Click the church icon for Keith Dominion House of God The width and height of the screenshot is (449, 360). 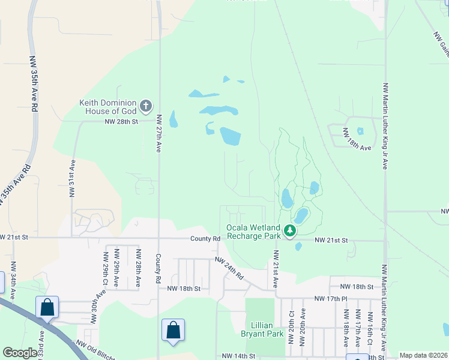pos(145,107)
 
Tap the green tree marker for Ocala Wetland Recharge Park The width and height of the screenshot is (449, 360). pos(290,231)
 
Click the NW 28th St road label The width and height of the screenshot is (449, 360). pos(121,121)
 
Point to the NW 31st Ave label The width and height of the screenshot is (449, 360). pos(73,178)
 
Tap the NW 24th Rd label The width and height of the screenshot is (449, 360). pos(231,268)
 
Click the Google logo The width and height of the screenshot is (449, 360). pos(20,353)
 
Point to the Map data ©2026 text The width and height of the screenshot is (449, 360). pos(423,355)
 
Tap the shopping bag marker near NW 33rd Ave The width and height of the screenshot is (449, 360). pos(47,308)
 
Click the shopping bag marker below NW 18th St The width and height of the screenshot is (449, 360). pos(173,330)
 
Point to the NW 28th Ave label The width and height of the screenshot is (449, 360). pos(138,268)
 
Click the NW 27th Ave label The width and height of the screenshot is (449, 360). pos(159,133)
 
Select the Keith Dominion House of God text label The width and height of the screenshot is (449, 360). pos(108,107)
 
